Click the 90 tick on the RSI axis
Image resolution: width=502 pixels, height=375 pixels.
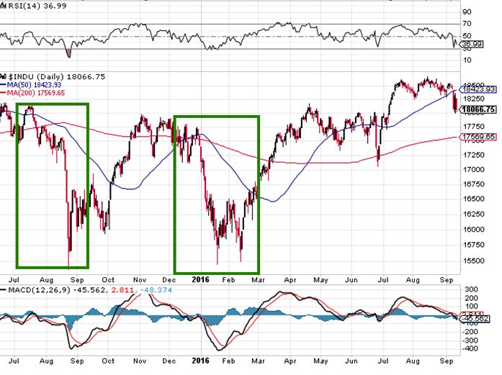click(x=467, y=11)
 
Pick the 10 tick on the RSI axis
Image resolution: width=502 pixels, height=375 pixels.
click(x=467, y=59)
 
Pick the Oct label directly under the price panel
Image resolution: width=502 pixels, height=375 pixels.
click(x=108, y=276)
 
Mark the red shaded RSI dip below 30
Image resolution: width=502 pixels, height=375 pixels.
click(x=68, y=53)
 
